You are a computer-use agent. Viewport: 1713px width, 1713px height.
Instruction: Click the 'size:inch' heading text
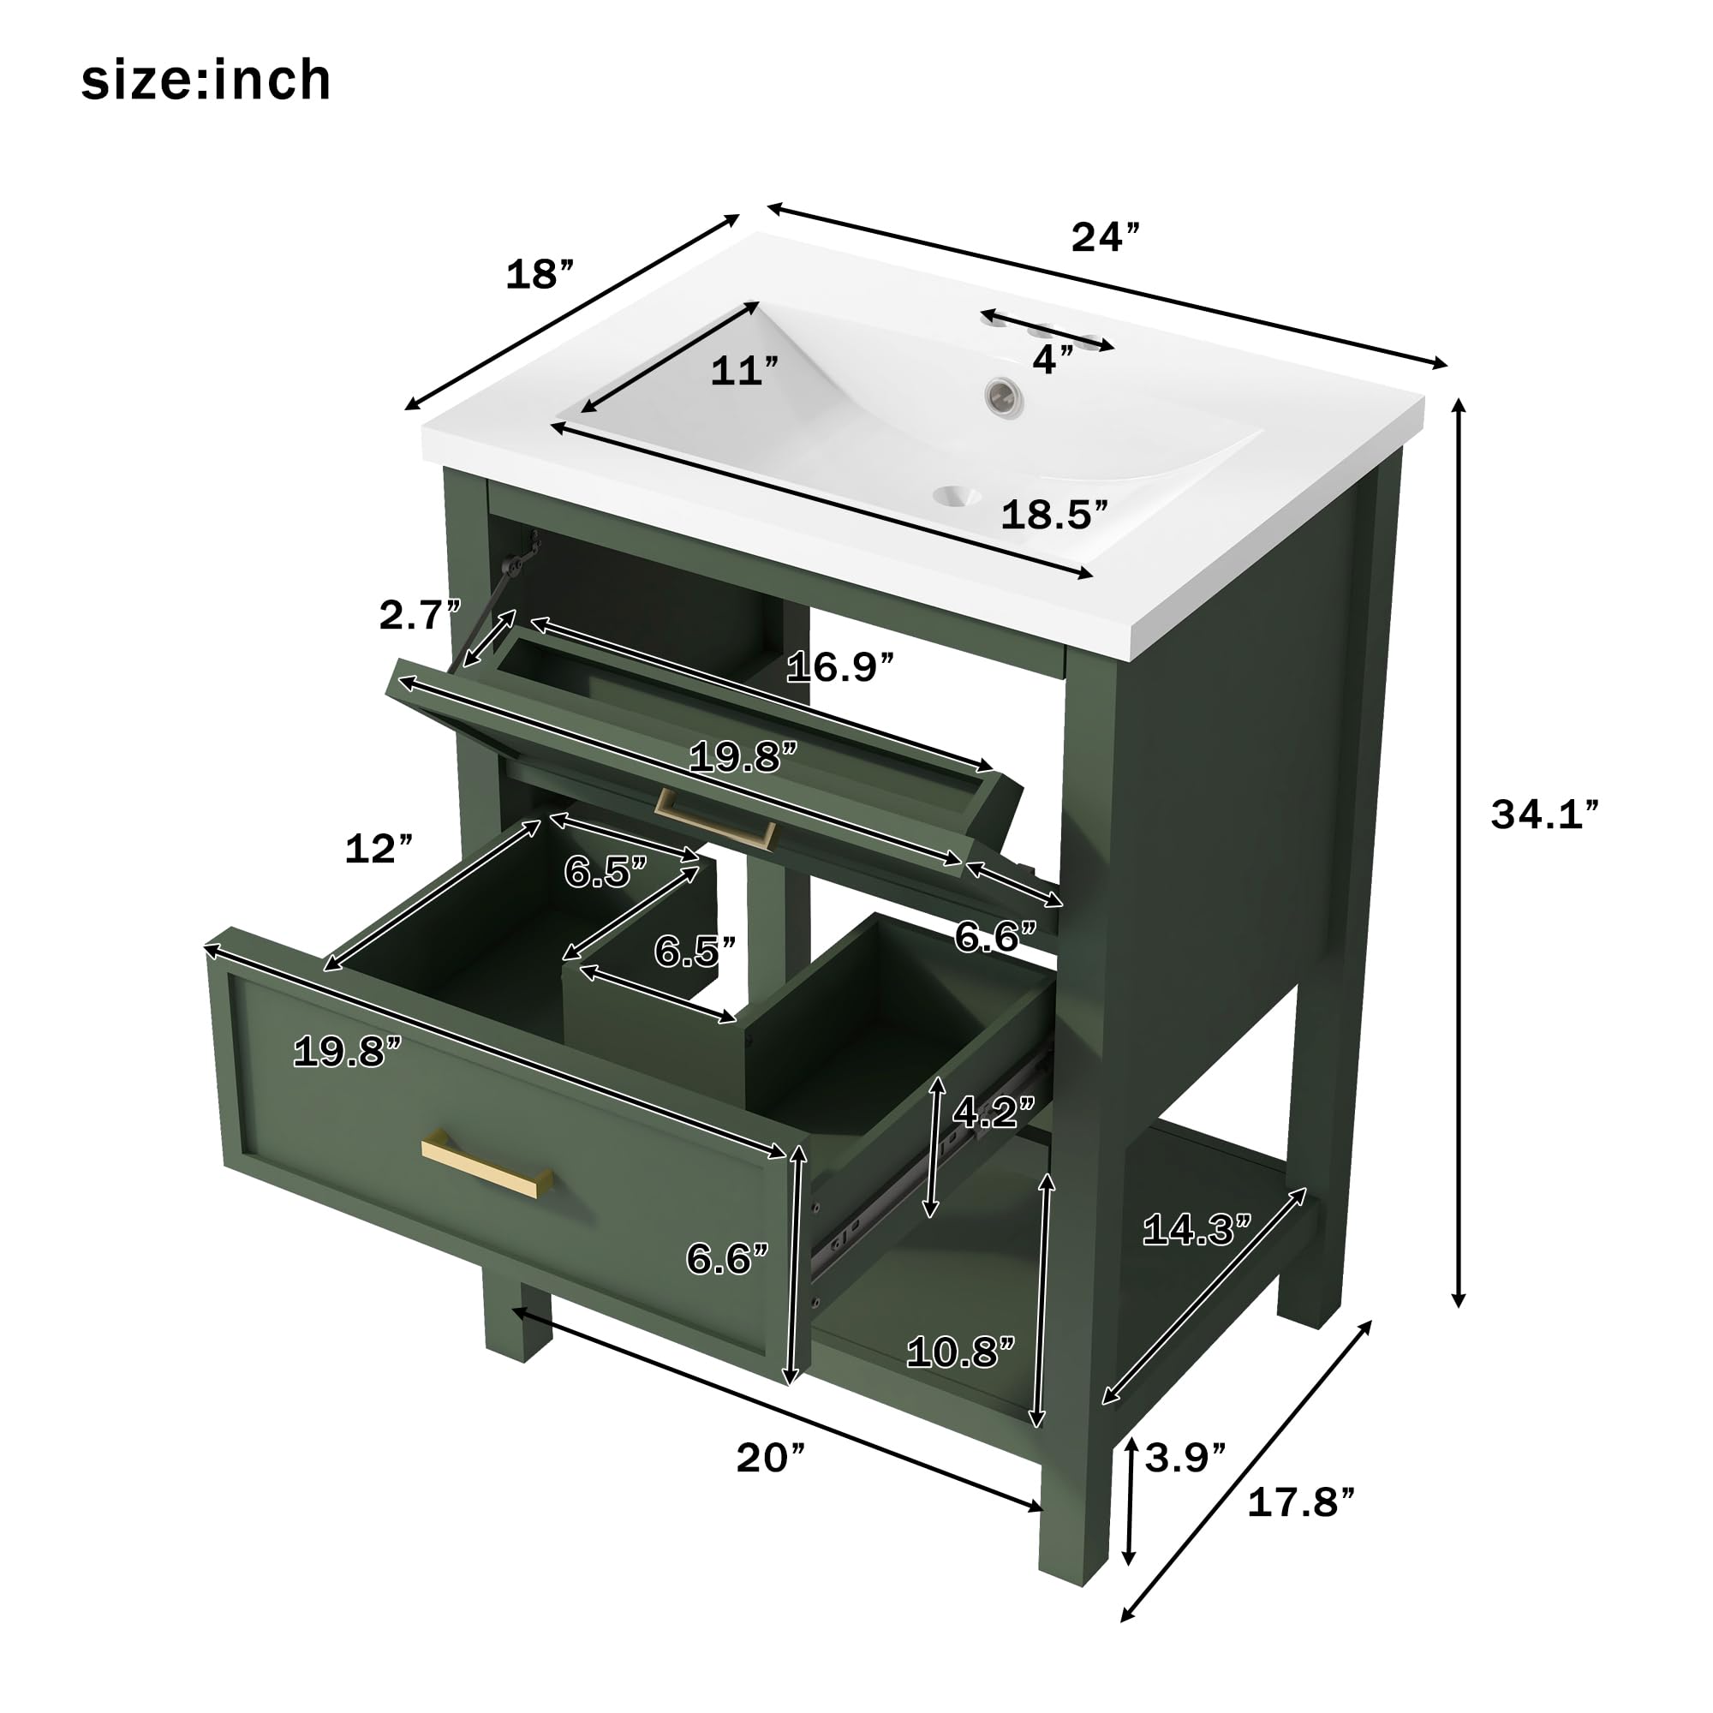click(x=206, y=81)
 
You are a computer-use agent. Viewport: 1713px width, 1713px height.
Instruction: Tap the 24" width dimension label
click(x=1105, y=237)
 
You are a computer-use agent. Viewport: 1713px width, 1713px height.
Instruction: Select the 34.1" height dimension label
click(x=1544, y=815)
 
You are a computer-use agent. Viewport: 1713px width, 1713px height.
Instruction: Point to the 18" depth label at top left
click(x=539, y=275)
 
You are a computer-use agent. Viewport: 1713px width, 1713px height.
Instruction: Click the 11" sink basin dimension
click(x=744, y=372)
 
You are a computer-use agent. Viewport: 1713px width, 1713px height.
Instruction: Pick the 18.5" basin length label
click(x=1054, y=515)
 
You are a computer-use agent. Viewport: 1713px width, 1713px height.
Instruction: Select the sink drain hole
click(x=959, y=496)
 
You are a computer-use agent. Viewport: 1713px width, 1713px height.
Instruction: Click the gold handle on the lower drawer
click(x=486, y=1168)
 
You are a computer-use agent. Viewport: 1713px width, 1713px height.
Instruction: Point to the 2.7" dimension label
click(x=421, y=615)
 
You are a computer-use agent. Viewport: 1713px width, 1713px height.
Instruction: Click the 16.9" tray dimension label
click(x=839, y=666)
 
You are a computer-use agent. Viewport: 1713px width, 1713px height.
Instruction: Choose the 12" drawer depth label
click(x=379, y=850)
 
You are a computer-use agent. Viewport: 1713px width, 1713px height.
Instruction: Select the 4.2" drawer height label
click(x=993, y=1112)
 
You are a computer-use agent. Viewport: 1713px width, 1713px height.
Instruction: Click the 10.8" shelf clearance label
click(x=960, y=1353)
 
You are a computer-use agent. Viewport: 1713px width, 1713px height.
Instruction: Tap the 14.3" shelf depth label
click(x=1196, y=1230)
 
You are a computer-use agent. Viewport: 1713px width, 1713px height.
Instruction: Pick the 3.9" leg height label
click(x=1185, y=1457)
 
